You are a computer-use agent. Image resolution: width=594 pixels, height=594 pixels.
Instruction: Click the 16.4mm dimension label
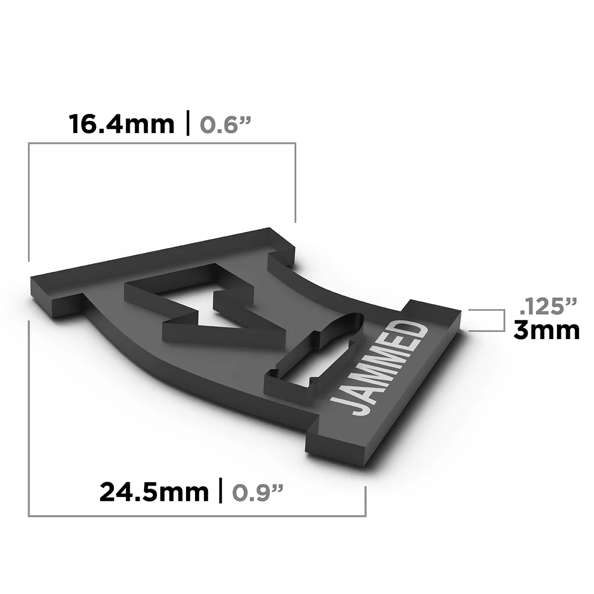pyautogui.click(x=122, y=124)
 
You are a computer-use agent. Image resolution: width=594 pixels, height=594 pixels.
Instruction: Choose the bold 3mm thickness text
pyautogui.click(x=546, y=331)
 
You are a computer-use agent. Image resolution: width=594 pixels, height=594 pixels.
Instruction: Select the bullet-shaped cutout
pyautogui.click(x=317, y=354)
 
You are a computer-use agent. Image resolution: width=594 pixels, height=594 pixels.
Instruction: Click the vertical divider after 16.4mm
pyautogui.click(x=188, y=125)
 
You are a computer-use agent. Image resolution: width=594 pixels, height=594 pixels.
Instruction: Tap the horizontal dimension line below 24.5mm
pyautogui.click(x=198, y=516)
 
